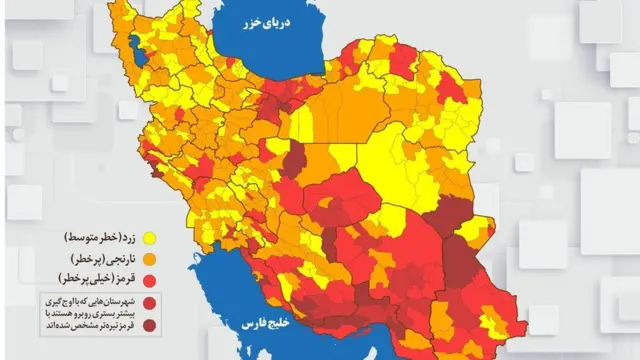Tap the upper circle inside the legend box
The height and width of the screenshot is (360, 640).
(x=149, y=302)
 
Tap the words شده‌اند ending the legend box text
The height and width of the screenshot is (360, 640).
(x=55, y=324)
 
